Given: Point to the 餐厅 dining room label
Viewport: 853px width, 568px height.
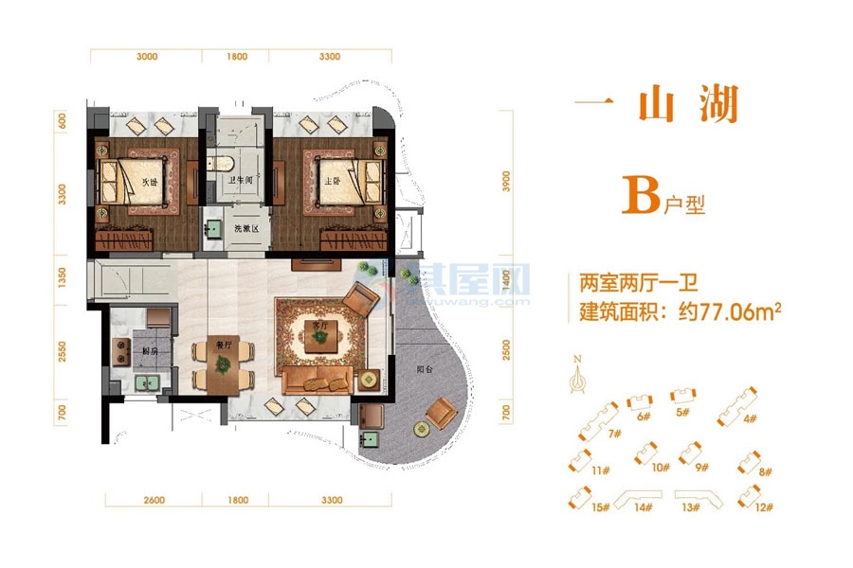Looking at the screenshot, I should (x=217, y=346).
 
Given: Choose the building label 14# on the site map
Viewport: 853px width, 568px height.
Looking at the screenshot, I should (x=644, y=507).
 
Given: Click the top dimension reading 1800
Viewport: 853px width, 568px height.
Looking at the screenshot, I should (x=237, y=57).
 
